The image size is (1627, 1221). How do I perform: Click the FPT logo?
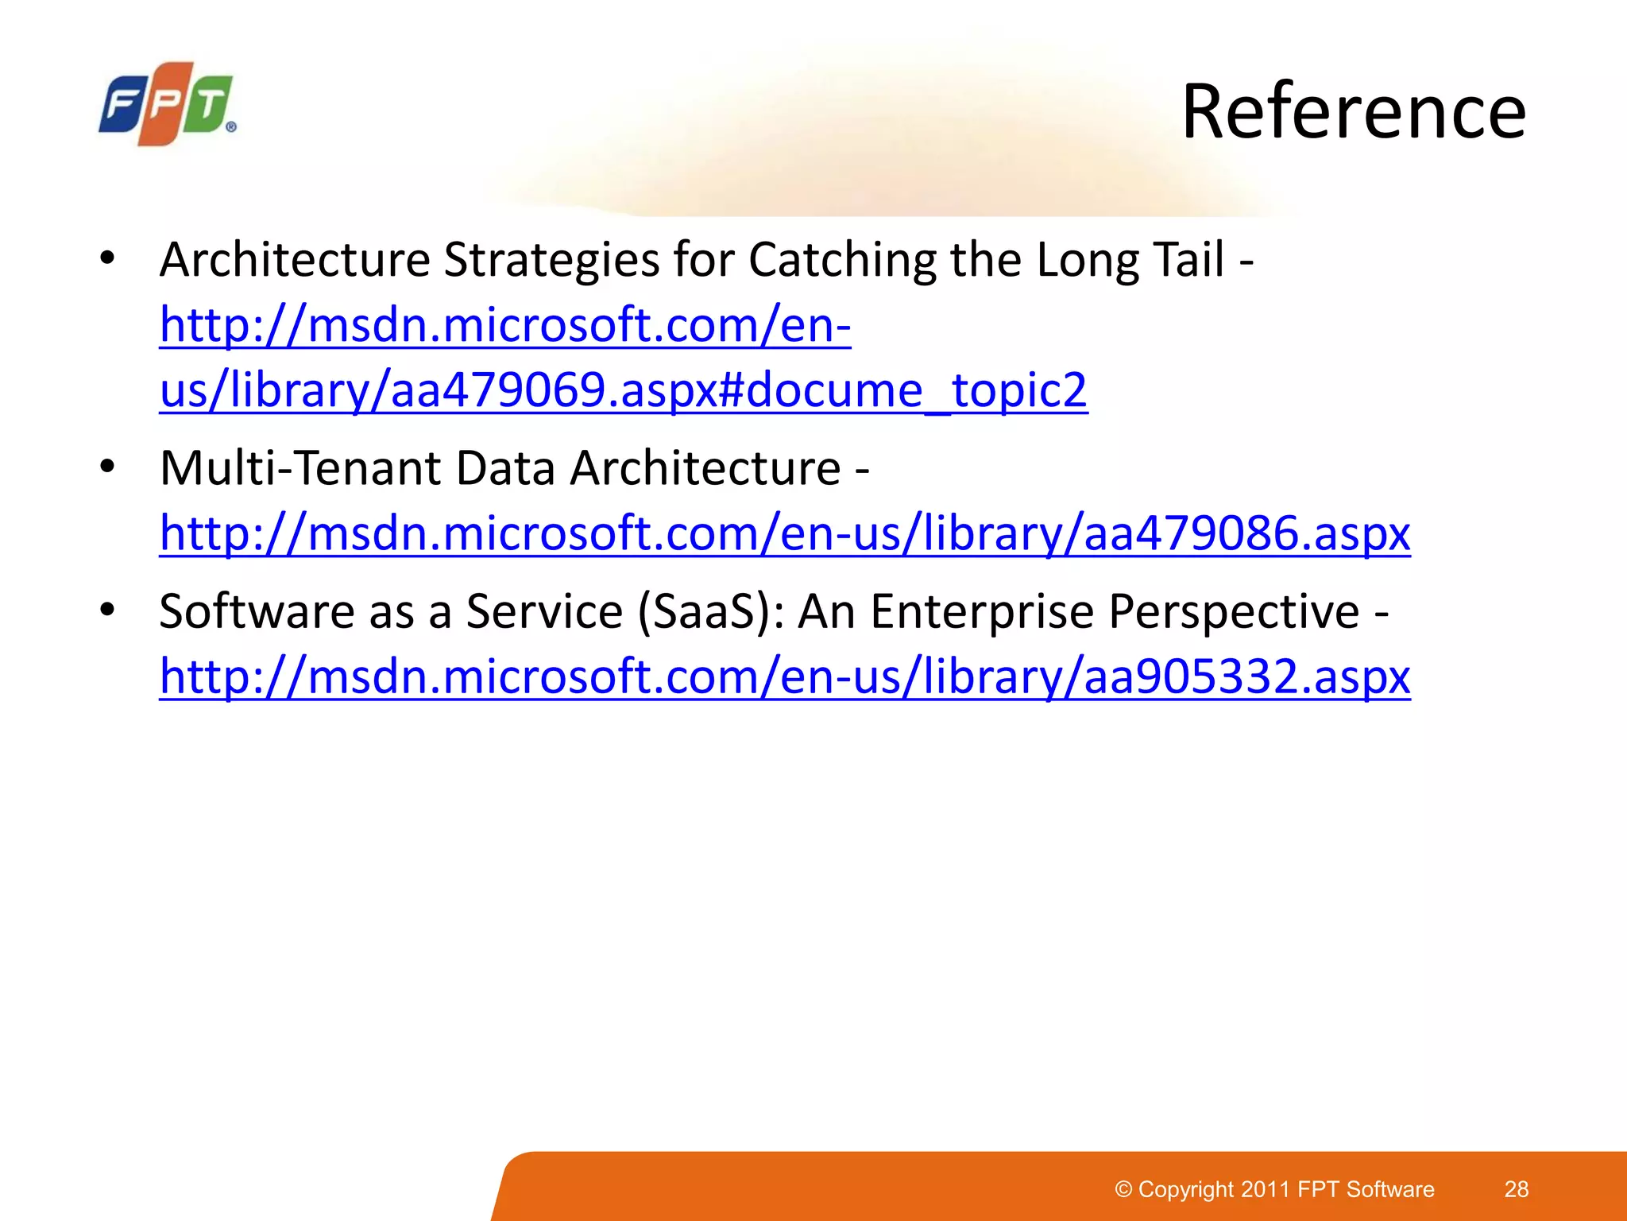click(168, 104)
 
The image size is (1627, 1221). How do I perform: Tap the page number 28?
click(1516, 1189)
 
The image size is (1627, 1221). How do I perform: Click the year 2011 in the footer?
click(1266, 1189)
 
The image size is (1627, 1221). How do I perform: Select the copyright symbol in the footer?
click(1123, 1189)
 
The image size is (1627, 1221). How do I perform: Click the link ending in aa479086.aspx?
click(785, 533)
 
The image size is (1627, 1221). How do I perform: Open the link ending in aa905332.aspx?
click(785, 676)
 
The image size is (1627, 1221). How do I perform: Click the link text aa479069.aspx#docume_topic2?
click(624, 390)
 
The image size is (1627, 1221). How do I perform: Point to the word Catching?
click(842, 260)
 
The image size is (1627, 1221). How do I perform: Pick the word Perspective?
click(1234, 611)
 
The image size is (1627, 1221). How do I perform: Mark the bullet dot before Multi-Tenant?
click(108, 467)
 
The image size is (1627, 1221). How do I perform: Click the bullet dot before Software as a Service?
click(108, 610)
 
